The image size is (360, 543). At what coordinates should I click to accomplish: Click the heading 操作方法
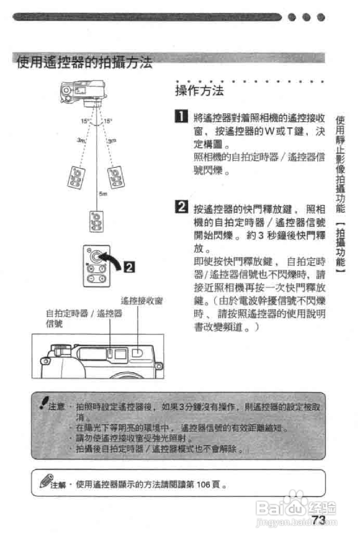199,90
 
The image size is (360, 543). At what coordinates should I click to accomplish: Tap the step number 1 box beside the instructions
181,116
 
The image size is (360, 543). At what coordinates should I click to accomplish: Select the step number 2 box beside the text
181,207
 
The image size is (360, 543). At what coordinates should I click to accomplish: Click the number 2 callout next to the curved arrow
129,267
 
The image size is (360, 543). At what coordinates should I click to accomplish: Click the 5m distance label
103,194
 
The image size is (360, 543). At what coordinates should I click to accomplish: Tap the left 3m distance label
81,140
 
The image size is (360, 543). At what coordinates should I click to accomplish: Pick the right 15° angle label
108,121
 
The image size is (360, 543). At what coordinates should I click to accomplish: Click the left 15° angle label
85,121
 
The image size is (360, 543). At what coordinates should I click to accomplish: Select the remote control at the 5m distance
97,221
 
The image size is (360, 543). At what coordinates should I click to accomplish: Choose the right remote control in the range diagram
116,177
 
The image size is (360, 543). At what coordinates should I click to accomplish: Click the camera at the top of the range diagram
83,92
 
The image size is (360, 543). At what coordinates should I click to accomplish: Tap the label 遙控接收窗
141,301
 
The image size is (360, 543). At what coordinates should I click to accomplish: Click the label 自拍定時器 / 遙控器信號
84,314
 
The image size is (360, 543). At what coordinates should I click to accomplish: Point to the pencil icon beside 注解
45,481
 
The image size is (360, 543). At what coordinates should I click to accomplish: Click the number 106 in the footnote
203,484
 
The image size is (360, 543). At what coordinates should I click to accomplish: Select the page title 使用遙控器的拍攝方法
84,62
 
